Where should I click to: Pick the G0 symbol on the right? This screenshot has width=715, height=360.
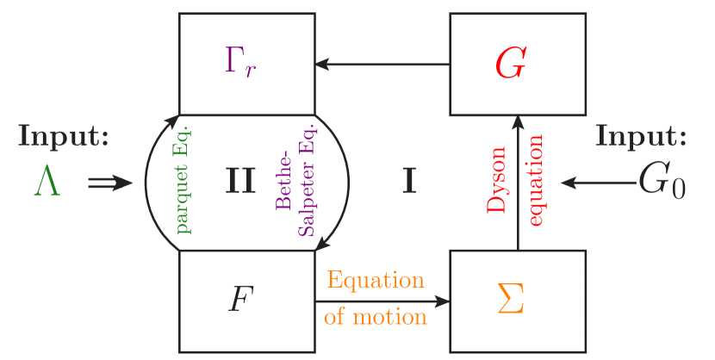pos(662,183)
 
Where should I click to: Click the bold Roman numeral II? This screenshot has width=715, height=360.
pos(240,182)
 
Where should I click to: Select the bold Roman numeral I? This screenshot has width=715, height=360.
pos(410,182)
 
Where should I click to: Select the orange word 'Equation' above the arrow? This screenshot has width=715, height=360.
pos(376,282)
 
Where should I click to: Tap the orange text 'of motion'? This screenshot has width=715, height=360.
pos(376,317)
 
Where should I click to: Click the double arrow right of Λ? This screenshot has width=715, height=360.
pos(109,183)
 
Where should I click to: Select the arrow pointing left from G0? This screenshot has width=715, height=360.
pos(597,183)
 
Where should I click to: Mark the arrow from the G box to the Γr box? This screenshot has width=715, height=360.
pos(382,65)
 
